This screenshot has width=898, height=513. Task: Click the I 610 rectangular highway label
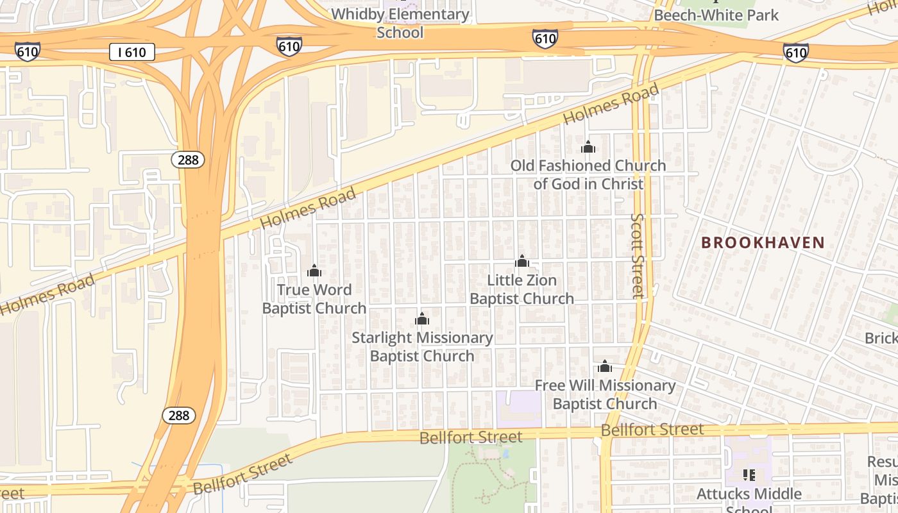pos(132,53)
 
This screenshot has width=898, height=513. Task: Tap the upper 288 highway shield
pos(187,160)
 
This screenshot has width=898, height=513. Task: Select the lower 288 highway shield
pos(178,416)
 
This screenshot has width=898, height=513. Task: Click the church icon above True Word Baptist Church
pos(314,271)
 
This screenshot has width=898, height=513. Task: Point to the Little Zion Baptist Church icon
pos(522,261)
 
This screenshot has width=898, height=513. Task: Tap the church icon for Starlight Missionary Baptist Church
pos(422,319)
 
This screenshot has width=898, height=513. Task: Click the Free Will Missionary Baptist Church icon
pos(604,367)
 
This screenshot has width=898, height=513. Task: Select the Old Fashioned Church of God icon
pos(588,147)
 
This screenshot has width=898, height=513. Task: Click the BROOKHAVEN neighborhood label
pos(762,242)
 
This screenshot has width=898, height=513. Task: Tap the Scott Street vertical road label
pos(637,255)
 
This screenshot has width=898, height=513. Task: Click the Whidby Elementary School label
pos(400,23)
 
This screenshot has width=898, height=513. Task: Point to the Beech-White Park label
pos(716,15)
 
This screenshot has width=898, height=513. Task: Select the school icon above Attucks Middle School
pos(749,475)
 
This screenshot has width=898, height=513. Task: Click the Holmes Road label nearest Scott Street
pos(611,105)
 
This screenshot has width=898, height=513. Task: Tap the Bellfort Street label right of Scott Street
pos(652,430)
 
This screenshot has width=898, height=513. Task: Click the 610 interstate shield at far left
pos(27,52)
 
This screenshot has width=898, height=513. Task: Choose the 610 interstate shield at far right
pos(795,53)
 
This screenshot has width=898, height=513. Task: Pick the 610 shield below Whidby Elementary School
pos(289,46)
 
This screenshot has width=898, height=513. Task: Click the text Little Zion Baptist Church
pos(521,289)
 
